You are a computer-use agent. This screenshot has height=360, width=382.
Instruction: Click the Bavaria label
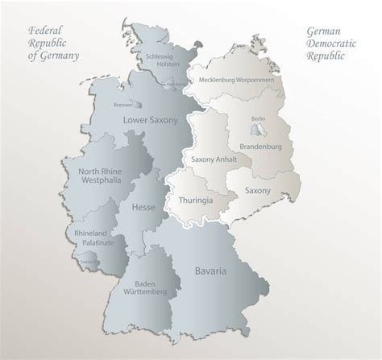tap(210, 271)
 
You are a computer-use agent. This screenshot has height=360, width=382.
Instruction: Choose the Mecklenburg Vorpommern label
tap(240, 79)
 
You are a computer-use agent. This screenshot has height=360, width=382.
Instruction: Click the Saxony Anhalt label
tap(214, 159)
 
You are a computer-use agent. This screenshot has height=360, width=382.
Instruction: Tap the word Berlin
tap(258, 118)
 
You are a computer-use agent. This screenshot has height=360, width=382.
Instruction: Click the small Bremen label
tap(122, 105)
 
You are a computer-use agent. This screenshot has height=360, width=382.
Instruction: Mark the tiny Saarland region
tap(87, 260)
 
